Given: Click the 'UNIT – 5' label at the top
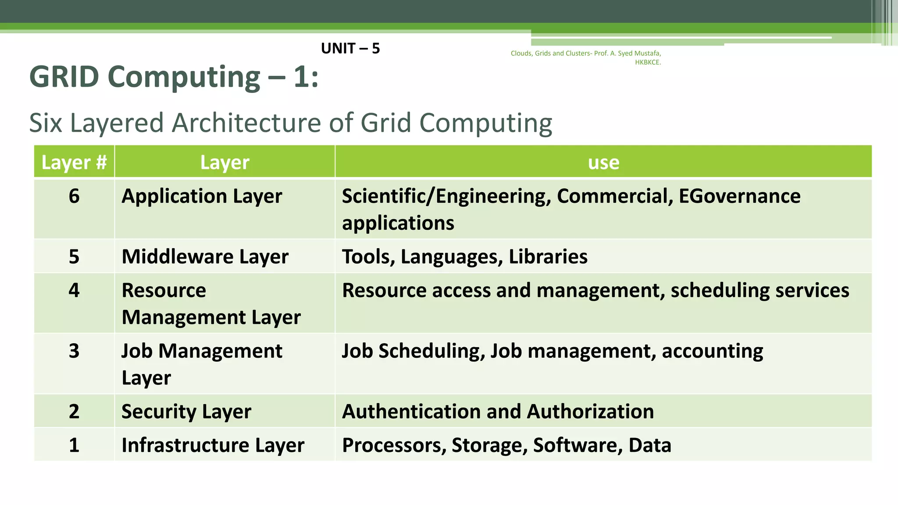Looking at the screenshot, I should (x=350, y=48).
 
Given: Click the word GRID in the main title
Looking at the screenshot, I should (x=64, y=77).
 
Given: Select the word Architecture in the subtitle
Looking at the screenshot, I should (x=247, y=123).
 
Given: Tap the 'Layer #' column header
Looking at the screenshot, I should (x=74, y=162).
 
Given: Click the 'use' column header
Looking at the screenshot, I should (x=603, y=162).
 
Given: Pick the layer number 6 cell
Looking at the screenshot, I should (x=74, y=196).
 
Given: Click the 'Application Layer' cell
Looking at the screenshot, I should (x=202, y=196).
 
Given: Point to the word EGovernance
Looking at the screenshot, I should (x=739, y=196).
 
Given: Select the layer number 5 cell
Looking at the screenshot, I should (x=74, y=256).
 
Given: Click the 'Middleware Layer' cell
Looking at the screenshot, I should (x=205, y=256).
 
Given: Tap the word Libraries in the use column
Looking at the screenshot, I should (x=548, y=256).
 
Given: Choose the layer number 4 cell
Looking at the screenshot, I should (x=74, y=290).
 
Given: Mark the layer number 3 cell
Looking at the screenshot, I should (x=74, y=351).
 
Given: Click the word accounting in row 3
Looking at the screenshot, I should (x=712, y=351).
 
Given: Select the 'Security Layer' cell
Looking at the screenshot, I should (x=186, y=411).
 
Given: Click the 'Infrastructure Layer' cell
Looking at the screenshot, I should (x=213, y=445).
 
